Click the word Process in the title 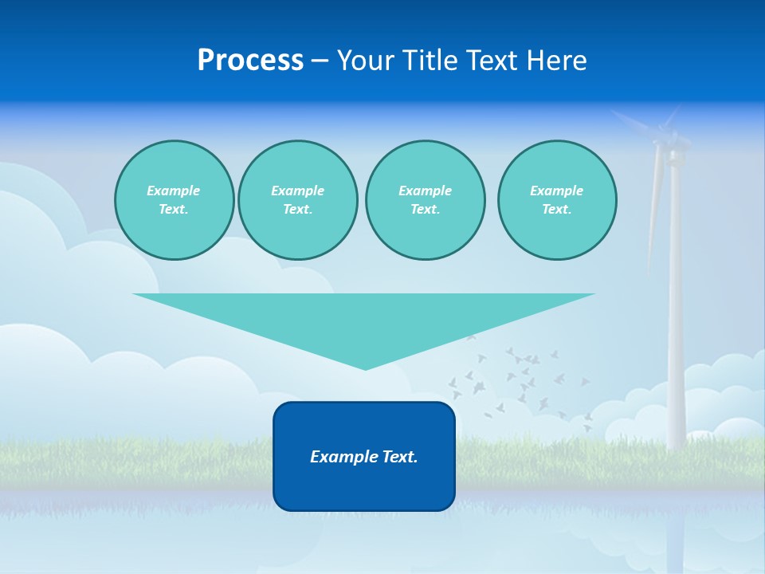250,61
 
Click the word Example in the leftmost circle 174,191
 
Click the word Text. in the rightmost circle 556,209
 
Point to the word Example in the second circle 297,191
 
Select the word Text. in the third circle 425,209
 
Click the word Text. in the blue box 400,457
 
